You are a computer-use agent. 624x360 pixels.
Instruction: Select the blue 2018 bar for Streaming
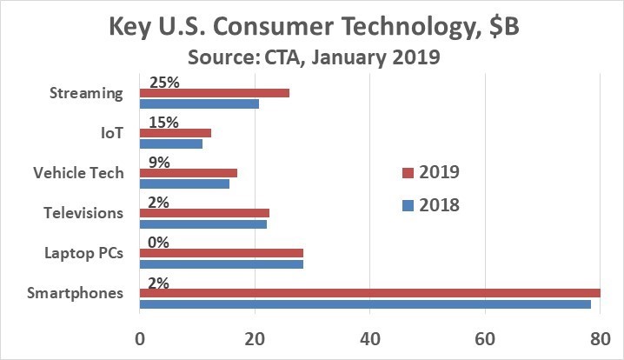199,104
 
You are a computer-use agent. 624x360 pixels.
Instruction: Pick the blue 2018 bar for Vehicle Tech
184,183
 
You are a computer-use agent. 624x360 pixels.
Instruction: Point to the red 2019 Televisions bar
204,212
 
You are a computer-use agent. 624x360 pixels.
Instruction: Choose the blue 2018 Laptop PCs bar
222,263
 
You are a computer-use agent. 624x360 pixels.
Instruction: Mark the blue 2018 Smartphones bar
365,303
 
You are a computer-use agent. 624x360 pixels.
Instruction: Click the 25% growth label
163,83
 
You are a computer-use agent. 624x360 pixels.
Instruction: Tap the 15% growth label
163,123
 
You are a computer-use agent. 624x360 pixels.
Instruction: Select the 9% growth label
159,163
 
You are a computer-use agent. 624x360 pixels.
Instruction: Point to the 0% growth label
159,242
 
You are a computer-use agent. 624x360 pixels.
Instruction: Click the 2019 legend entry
430,171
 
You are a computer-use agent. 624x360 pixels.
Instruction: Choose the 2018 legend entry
430,205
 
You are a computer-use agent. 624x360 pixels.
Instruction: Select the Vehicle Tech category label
78,173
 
